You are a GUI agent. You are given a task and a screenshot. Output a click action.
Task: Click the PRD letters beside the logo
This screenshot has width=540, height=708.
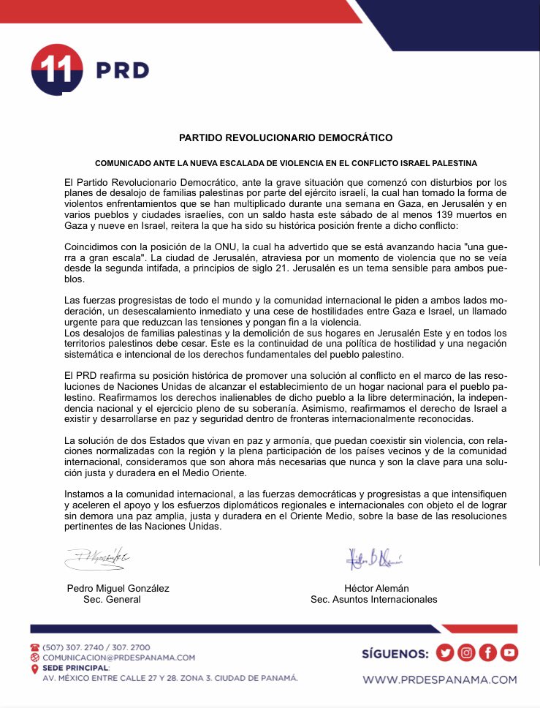[123, 70]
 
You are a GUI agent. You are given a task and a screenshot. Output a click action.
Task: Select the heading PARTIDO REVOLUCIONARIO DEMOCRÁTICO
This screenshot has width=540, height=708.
[286, 137]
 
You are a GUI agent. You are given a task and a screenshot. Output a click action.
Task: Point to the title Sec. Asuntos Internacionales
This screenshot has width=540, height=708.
[373, 599]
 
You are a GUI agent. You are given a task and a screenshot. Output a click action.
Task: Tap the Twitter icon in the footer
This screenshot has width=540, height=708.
[444, 652]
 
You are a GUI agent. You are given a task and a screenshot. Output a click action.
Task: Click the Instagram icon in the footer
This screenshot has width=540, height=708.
[466, 652]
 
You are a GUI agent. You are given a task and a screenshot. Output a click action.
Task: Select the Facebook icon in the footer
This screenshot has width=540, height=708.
[487, 652]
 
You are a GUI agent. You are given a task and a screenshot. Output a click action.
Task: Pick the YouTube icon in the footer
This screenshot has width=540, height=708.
[509, 652]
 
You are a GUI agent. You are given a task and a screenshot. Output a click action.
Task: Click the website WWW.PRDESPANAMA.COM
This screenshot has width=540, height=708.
[439, 679]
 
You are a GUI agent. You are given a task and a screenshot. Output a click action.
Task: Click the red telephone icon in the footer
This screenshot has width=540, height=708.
[34, 647]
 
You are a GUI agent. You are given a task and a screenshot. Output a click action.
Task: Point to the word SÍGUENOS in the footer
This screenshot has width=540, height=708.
[395, 653]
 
